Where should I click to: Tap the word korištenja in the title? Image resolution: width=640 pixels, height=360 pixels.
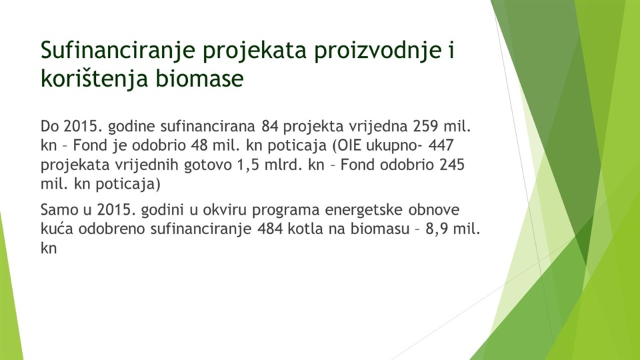[x=94, y=78]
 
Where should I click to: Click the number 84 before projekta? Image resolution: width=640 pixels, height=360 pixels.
[x=270, y=127]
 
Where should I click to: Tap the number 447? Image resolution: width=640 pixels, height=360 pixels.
[x=441, y=145]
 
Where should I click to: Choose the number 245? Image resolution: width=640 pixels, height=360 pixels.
[x=452, y=165]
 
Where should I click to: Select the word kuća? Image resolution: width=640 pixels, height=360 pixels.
[x=57, y=229]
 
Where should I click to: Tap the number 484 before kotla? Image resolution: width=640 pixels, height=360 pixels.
[x=270, y=229]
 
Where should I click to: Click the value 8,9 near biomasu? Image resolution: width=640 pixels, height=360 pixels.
[x=435, y=229]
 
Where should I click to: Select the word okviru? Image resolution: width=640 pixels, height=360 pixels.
[x=225, y=210]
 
